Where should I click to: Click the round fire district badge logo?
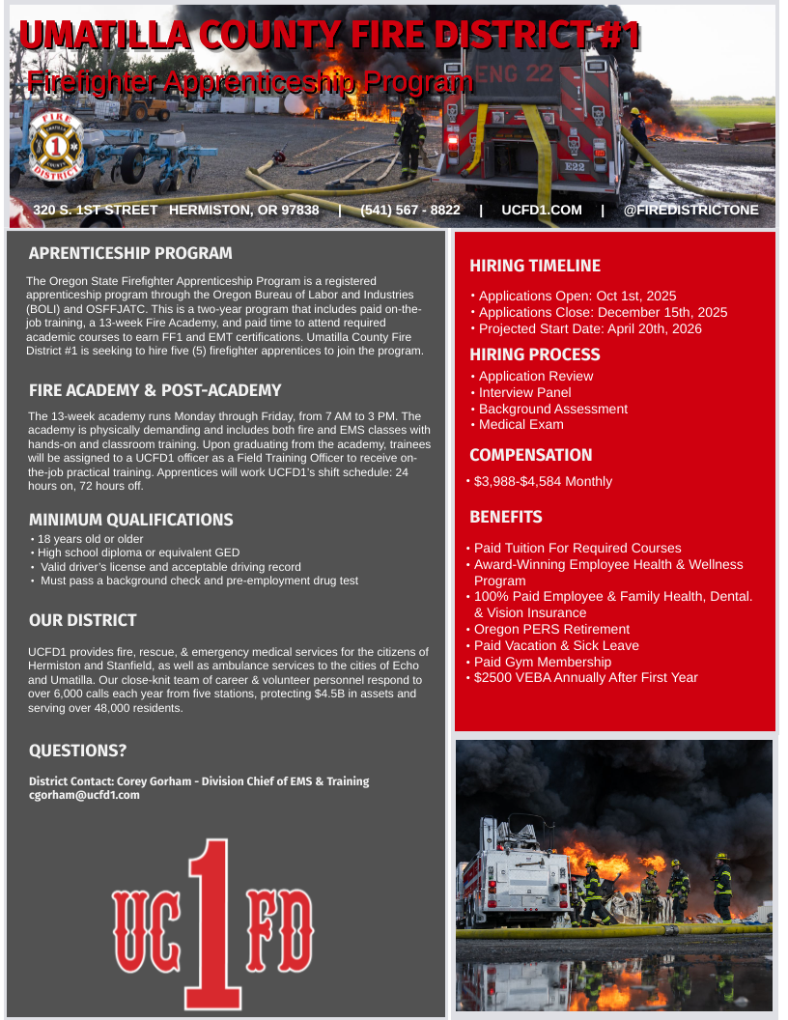[56, 148]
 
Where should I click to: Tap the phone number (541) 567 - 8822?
[409, 210]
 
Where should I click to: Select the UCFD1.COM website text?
[542, 210]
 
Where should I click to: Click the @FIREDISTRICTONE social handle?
[691, 210]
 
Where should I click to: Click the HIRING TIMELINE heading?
[535, 266]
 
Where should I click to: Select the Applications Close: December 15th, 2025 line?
[603, 312]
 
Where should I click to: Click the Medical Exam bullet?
[521, 424]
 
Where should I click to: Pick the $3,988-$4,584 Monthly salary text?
[543, 481]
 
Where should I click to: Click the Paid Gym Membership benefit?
[542, 662]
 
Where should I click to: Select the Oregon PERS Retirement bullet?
[551, 629]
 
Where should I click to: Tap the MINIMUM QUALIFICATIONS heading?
[130, 520]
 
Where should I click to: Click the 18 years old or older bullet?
[90, 538]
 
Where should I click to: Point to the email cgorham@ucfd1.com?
[84, 795]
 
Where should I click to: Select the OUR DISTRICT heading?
[82, 620]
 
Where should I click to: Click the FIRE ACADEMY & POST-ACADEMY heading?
[155, 390]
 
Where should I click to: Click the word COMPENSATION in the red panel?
[530, 455]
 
